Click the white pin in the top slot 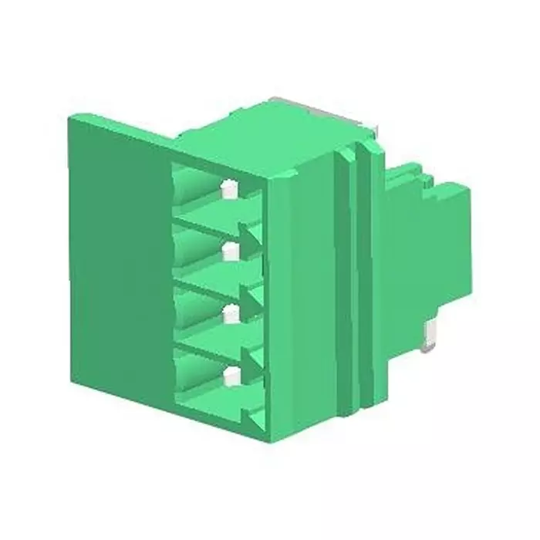[x=228, y=188]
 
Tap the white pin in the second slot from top [x=229, y=251]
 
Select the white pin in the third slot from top [x=229, y=313]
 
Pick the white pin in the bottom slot [x=229, y=376]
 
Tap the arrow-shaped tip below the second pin [x=250, y=297]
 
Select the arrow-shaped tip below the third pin [x=250, y=359]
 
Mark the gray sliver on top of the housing [x=324, y=108]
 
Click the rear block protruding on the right [x=440, y=247]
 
